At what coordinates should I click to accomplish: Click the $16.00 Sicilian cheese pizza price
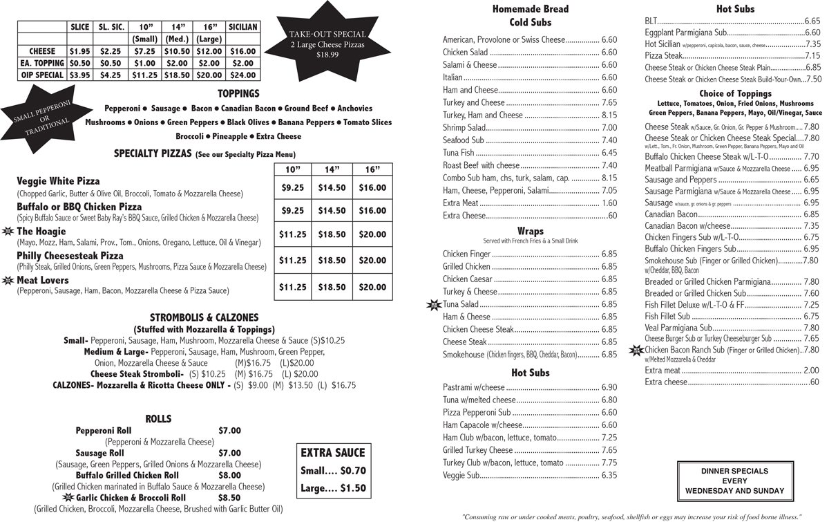(x=242, y=51)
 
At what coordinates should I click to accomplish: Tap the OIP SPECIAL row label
(x=42, y=75)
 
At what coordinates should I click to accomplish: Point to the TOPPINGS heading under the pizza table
(x=238, y=93)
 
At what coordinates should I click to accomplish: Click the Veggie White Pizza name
(x=58, y=181)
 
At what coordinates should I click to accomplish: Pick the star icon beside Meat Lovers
(x=8, y=281)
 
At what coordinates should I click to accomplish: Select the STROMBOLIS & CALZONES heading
(x=204, y=317)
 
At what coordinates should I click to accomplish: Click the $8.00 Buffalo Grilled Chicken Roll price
(x=229, y=476)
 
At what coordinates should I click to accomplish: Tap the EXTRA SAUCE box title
(x=332, y=453)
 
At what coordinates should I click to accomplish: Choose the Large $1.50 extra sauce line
(x=332, y=488)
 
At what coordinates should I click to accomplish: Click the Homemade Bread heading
(x=530, y=9)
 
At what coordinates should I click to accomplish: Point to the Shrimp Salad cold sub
(x=464, y=128)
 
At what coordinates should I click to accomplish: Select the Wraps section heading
(x=530, y=231)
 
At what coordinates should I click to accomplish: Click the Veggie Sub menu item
(x=461, y=476)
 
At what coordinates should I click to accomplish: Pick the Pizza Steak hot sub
(x=663, y=56)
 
